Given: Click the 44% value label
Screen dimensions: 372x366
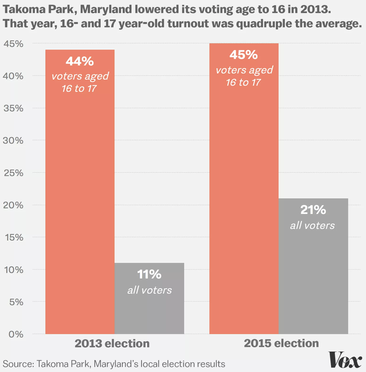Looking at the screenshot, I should pos(80,61).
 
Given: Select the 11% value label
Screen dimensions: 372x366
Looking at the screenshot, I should pos(149,274).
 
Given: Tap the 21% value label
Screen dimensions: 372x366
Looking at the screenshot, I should pos(313,210).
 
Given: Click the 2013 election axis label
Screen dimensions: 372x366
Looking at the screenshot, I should pos(112,344).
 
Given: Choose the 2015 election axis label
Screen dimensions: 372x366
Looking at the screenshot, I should pos(281,344).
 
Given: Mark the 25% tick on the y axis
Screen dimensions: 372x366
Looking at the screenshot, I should pos(14,172).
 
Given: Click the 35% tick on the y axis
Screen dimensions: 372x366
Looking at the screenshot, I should pos(14,108).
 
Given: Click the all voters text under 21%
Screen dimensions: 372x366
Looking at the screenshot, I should pos(312,225).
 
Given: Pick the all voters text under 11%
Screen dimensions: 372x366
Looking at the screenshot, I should pos(149,290).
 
